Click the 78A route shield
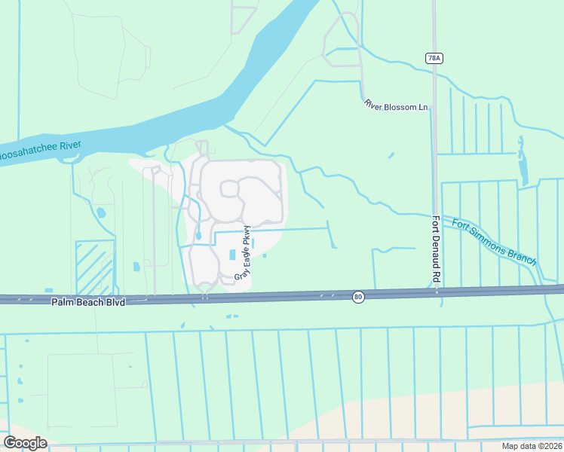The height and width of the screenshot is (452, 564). point(433,57)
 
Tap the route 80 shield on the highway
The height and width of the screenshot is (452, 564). point(358,297)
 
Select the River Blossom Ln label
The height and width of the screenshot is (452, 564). point(395,105)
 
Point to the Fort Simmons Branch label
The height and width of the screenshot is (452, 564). point(494,241)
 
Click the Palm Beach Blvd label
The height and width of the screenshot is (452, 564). point(87,301)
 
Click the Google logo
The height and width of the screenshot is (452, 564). point(25,442)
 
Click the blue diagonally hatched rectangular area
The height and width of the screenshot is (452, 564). point(95,268)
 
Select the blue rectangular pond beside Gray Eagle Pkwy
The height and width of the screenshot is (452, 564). point(231,255)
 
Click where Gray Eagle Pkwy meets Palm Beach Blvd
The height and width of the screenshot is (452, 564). point(204,296)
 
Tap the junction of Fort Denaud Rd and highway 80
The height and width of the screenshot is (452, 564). point(437,291)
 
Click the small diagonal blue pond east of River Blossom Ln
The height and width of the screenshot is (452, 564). point(391,156)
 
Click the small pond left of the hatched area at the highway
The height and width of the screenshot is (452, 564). point(49,290)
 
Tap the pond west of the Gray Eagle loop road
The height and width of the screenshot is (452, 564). point(198,236)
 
